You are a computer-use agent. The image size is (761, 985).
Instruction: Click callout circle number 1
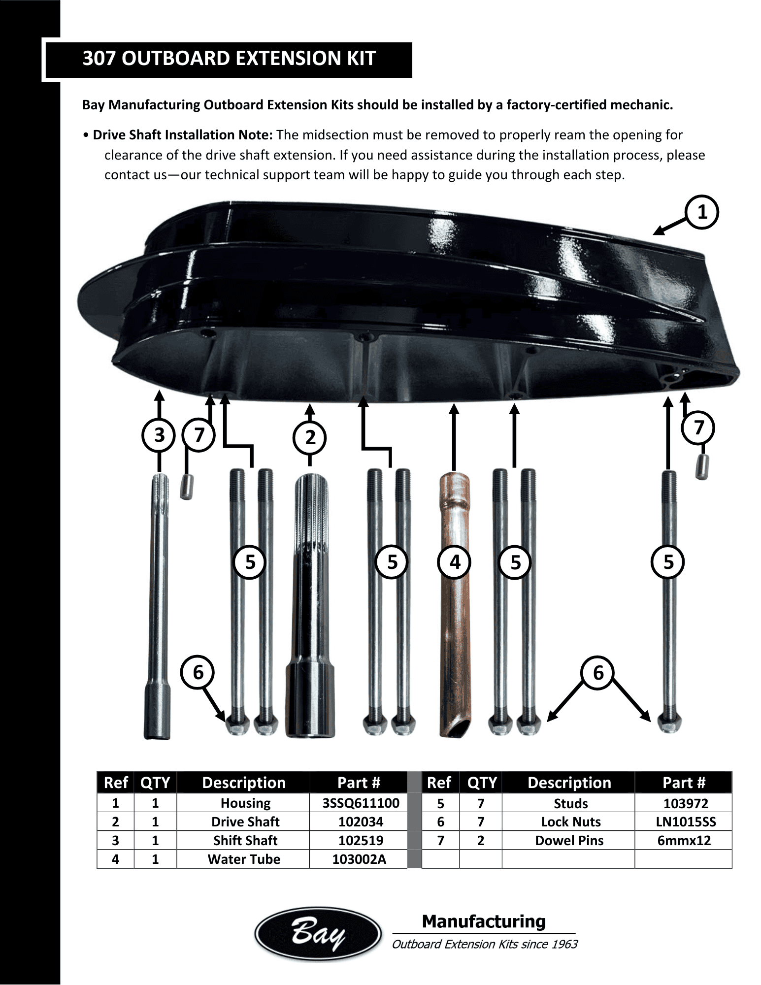point(702,212)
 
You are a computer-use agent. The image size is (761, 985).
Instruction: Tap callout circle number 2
point(310,437)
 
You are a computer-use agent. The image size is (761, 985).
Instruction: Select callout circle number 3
point(159,435)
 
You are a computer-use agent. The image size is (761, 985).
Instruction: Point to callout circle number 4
point(455,562)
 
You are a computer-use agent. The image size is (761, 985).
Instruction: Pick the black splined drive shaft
point(310,606)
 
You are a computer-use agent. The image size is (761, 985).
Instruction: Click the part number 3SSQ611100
point(361,803)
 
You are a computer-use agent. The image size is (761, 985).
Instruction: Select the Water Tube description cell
point(244,859)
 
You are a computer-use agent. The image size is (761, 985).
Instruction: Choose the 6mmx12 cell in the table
point(684,841)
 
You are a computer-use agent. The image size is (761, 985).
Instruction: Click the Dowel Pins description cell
point(569,841)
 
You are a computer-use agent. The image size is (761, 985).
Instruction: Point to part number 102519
point(361,841)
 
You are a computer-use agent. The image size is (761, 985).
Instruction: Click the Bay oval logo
point(318,934)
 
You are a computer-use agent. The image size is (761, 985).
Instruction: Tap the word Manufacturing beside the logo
point(484,921)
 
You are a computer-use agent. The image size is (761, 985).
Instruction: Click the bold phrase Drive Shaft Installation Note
point(183,135)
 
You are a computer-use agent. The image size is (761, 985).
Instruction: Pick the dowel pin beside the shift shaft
point(186,487)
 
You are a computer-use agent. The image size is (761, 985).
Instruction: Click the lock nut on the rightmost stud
point(669,723)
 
